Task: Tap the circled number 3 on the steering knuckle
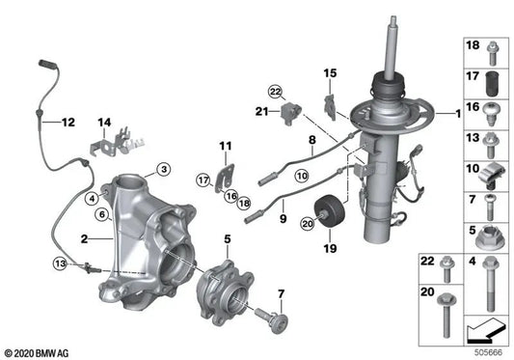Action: tap(164, 170)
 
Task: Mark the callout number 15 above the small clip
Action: tap(329, 73)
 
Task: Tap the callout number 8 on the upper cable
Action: tap(311, 141)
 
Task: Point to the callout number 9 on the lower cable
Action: tap(284, 218)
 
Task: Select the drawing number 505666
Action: tap(489, 351)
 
